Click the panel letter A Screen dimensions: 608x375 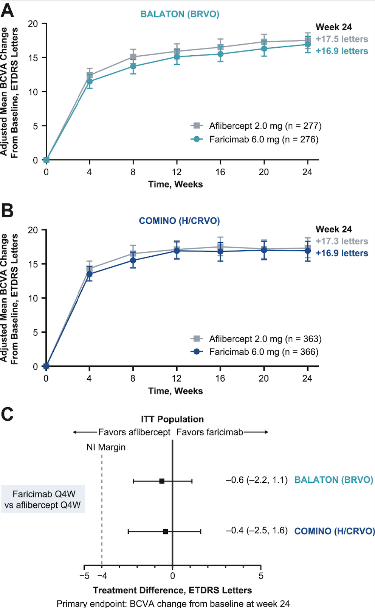tap(7, 10)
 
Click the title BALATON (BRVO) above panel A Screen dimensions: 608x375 tap(180, 14)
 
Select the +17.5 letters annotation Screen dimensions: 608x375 tap(342, 39)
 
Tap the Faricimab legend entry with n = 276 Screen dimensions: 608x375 tap(263, 139)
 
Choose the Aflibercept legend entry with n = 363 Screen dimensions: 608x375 tap(265, 339)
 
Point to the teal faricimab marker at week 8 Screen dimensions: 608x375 tap(133, 67)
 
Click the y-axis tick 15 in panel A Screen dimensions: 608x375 tap(33, 58)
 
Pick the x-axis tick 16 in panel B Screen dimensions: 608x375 tap(220, 378)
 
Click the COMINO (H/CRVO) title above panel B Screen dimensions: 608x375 tap(179, 221)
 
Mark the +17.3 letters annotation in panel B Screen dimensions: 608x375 tap(342, 241)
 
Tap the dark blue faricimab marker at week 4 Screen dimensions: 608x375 tap(90, 274)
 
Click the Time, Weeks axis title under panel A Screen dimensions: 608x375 tap(175, 184)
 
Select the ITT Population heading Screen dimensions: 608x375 tap(172, 419)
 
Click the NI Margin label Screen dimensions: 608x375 tap(106, 447)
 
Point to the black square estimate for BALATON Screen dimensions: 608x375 tap(162, 481)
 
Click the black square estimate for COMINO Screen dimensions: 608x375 tap(165, 532)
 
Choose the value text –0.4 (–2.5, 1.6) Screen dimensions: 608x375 tap(257, 530)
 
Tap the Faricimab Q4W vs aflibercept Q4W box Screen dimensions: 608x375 tap(43, 499)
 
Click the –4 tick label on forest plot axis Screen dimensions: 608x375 tap(102, 576)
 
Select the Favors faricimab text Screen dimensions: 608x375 tap(210, 432)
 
